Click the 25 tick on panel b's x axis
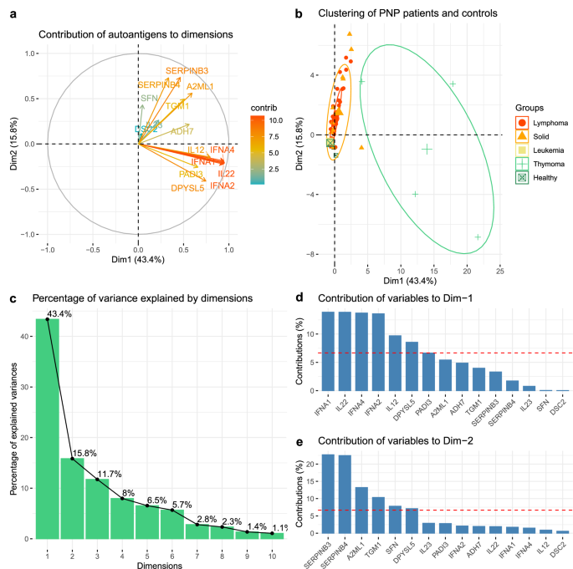[x=499, y=271]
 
